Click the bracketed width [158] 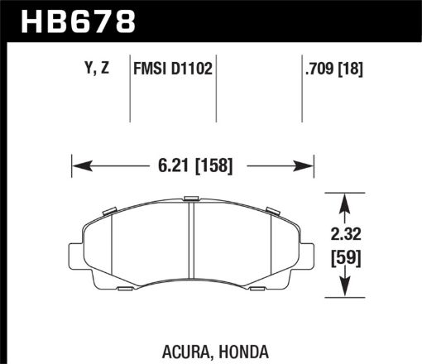point(213,165)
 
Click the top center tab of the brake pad point(191,199)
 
